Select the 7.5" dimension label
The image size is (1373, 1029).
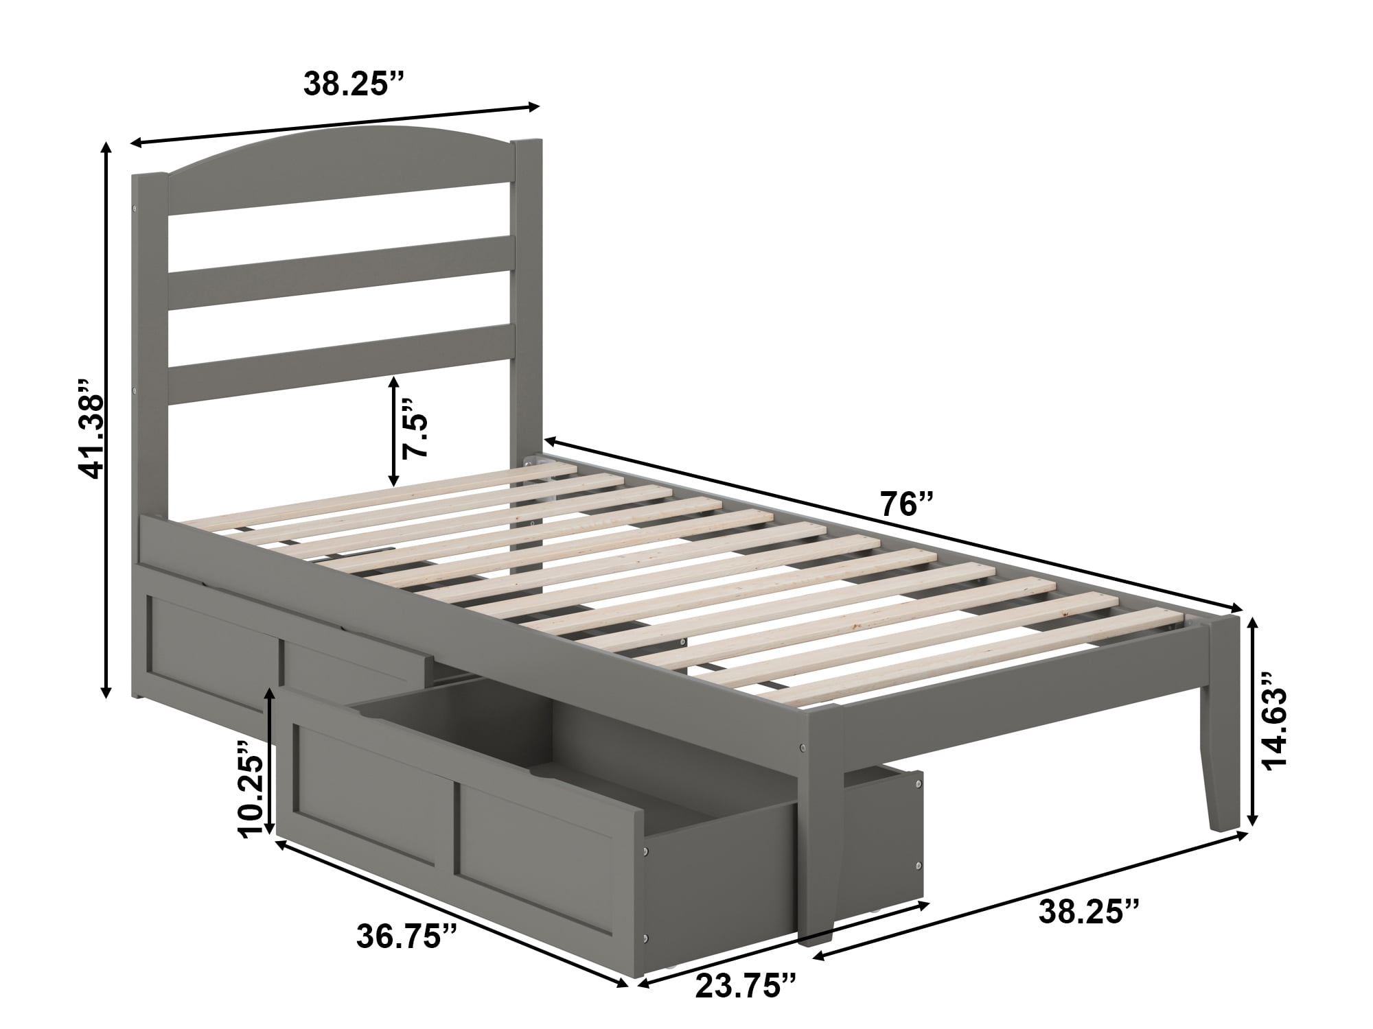pyautogui.click(x=416, y=427)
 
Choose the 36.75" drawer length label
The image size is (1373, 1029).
pyautogui.click(x=408, y=936)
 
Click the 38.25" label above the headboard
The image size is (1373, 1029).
pyautogui.click(x=355, y=83)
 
